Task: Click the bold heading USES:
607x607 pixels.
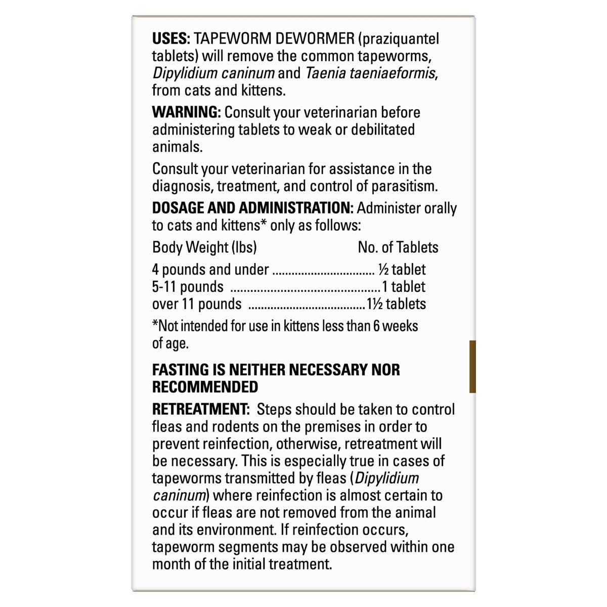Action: [170, 39]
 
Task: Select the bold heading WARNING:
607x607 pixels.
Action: [186, 112]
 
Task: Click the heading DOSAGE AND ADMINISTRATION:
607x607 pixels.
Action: [253, 208]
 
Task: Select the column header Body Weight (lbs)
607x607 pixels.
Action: [204, 247]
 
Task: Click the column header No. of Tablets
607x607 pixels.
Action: [398, 247]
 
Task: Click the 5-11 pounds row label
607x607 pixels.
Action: [188, 287]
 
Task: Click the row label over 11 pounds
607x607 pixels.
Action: [196, 304]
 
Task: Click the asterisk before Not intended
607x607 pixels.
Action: [155, 325]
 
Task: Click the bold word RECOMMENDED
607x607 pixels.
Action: [205, 387]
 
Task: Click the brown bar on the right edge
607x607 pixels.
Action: [472, 367]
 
